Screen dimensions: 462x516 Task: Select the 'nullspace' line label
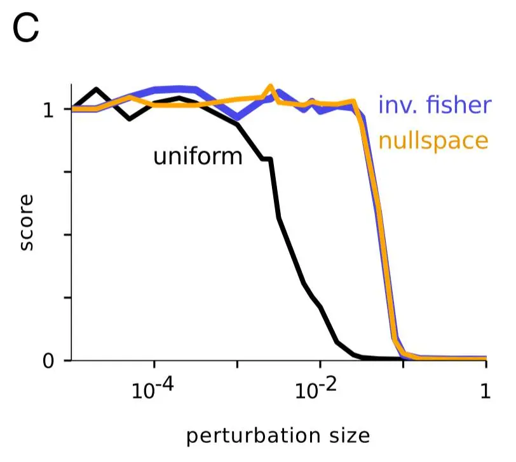click(x=433, y=140)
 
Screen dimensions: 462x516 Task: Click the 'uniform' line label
click(x=198, y=156)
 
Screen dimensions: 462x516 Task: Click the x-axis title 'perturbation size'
click(x=278, y=436)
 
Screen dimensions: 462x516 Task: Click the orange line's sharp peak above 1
click(x=270, y=86)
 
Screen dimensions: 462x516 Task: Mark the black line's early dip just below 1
click(x=130, y=118)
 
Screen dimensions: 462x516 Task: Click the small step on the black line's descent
click(x=268, y=159)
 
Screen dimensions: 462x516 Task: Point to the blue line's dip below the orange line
click(x=237, y=117)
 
